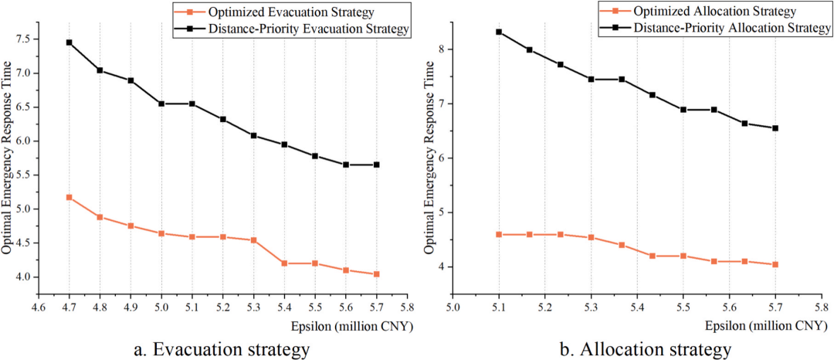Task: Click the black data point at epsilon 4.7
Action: coord(69,42)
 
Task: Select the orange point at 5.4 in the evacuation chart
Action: coord(284,263)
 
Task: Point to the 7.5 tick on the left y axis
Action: coord(27,39)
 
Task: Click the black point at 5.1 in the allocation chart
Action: coord(499,32)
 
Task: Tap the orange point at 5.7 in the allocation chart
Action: coord(775,264)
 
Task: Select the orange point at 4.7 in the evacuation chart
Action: coord(69,197)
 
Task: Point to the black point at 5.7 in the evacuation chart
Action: coord(377,165)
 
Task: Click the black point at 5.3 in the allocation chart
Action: coord(591,80)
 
